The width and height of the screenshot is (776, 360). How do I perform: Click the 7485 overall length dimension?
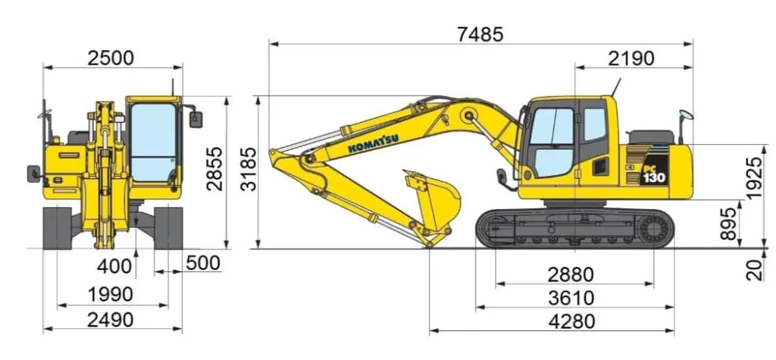tap(480, 35)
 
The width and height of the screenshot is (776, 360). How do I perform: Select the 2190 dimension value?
tap(631, 58)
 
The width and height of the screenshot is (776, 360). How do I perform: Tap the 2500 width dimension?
tap(111, 58)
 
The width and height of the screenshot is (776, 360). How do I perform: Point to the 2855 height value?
tap(214, 168)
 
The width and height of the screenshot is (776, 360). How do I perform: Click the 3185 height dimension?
tap(249, 169)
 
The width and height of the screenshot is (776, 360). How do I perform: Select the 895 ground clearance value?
tap(728, 224)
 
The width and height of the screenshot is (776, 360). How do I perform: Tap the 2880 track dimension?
tap(571, 274)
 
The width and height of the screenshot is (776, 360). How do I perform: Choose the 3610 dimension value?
tap(571, 298)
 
